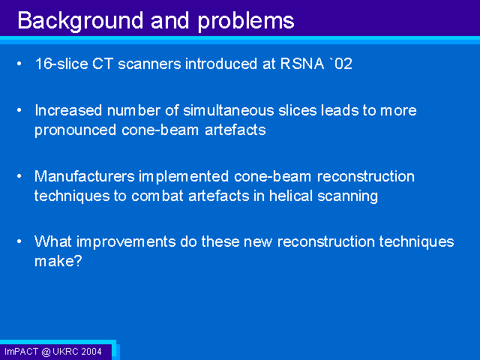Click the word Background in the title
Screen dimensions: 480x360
pyautogui.click(x=80, y=21)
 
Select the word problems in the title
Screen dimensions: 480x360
pyautogui.click(x=246, y=22)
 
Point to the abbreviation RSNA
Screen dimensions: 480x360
pyautogui.click(x=301, y=64)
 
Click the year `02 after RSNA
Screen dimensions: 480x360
pyautogui.click(x=340, y=64)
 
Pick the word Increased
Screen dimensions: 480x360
pyautogui.click(x=68, y=110)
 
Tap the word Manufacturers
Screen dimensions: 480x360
pyautogui.click(x=85, y=176)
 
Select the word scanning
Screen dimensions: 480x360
pyautogui.click(x=347, y=196)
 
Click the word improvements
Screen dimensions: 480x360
pyautogui.click(x=126, y=241)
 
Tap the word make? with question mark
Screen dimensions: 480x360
pyautogui.click(x=58, y=261)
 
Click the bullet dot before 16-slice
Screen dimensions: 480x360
pyautogui.click(x=19, y=64)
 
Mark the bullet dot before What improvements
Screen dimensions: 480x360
pyautogui.click(x=19, y=241)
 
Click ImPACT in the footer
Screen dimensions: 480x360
pyautogui.click(x=22, y=352)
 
